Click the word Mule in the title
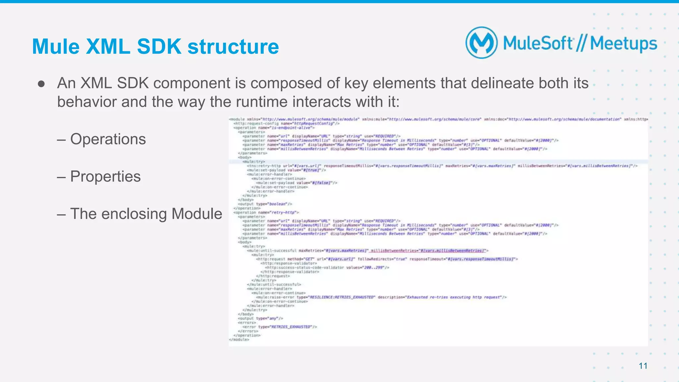tap(55, 46)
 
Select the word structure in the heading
tap(233, 46)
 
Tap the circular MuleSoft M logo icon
tap(481, 43)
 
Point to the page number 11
tap(643, 366)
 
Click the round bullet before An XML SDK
tap(41, 84)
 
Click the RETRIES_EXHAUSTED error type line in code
tap(280, 327)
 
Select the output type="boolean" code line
tap(265, 204)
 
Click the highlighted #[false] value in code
tap(321, 183)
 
